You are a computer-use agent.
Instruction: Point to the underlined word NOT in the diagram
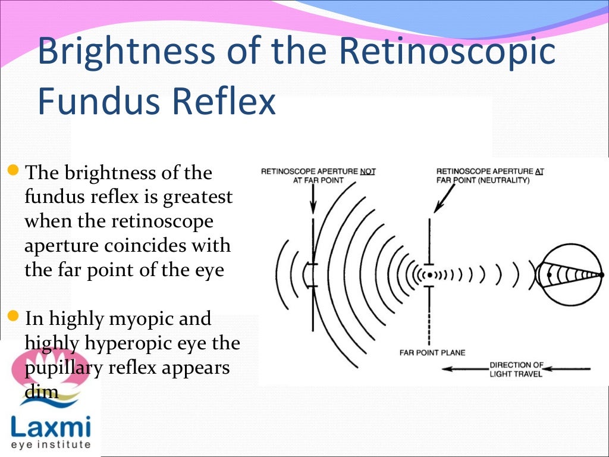point(368,171)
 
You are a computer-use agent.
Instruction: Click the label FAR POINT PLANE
point(432,352)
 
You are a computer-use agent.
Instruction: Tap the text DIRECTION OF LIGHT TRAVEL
point(516,368)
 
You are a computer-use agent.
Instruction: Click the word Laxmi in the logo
point(51,427)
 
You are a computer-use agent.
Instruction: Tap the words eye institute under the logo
point(51,445)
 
